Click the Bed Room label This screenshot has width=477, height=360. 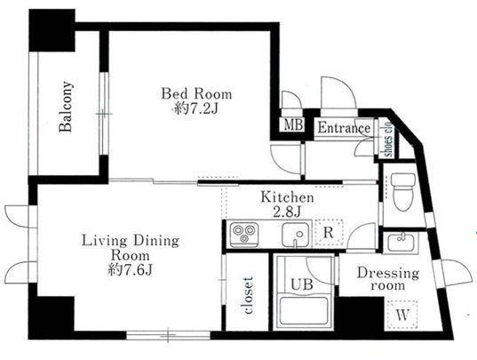click(196, 93)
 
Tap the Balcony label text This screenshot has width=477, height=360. click(66, 107)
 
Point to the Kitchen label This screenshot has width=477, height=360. click(287, 197)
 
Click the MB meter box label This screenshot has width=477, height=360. click(293, 124)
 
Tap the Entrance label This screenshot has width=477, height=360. click(344, 128)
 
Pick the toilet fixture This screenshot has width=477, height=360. click(403, 192)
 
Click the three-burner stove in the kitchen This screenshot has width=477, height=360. click(244, 235)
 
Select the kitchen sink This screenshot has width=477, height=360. click(295, 235)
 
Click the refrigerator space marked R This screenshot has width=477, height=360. click(329, 233)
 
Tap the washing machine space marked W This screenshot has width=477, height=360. click(402, 315)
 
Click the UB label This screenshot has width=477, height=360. click(302, 284)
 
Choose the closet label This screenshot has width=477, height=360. click(248, 295)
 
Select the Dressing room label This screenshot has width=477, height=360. click(388, 279)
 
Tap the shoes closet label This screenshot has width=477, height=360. click(388, 140)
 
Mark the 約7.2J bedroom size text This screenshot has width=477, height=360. click(196, 108)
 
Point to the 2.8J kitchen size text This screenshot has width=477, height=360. click(287, 212)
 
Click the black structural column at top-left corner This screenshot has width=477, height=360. click(52, 30)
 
